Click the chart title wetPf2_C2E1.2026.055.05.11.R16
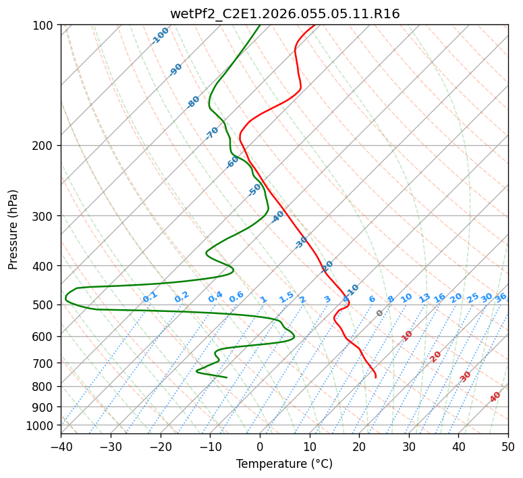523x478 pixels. (x=285, y=14)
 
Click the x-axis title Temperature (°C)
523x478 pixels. (x=285, y=464)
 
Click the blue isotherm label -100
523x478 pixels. (x=160, y=36)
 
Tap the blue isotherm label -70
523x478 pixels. (x=212, y=133)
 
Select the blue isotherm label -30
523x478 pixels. (x=301, y=242)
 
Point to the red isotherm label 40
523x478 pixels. (x=495, y=397)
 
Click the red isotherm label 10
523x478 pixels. (x=407, y=336)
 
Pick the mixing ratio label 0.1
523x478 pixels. (x=150, y=296)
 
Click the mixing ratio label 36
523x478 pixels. (x=501, y=297)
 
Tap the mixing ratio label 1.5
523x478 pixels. (x=286, y=296)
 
